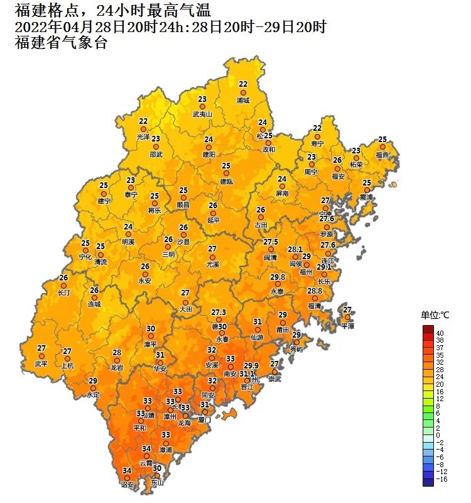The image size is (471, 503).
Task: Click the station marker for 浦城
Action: pyautogui.click(x=243, y=92)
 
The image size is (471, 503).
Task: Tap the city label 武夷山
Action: pyautogui.click(x=202, y=114)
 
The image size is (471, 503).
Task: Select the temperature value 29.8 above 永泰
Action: pyautogui.click(x=278, y=277)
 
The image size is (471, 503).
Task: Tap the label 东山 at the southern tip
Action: pyautogui.click(x=158, y=483)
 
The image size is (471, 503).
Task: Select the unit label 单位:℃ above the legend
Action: pyautogui.click(x=435, y=315)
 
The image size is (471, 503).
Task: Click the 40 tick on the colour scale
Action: pyautogui.click(x=440, y=333)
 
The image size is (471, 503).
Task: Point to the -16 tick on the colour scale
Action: pyautogui.click(x=441, y=479)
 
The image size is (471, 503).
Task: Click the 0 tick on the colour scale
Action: pyautogui.click(x=438, y=435)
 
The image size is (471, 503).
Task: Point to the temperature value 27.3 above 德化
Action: pyautogui.click(x=219, y=312)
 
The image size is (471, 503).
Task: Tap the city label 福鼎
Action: pyautogui.click(x=382, y=155)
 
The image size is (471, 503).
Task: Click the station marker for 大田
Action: pyautogui.click(x=185, y=301)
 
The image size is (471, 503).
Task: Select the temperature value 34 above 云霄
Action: pyautogui.click(x=146, y=448)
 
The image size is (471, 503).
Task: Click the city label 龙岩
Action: pyautogui.click(x=117, y=367)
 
